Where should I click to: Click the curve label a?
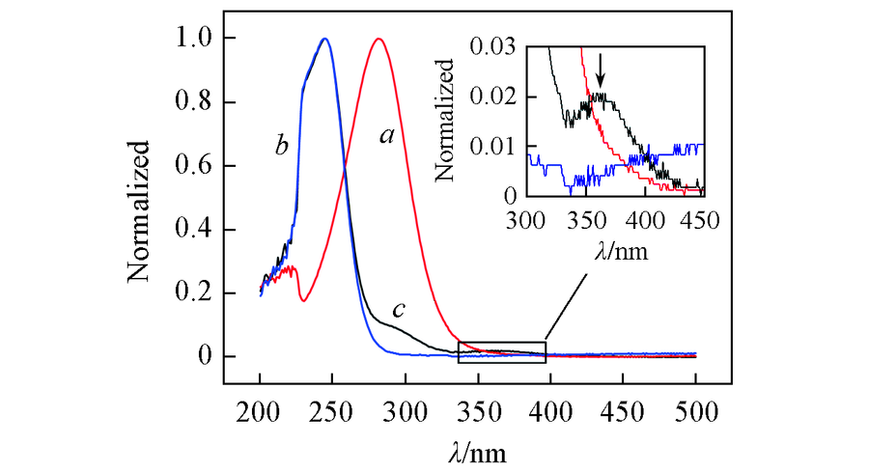tap(387, 137)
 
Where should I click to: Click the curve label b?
tap(282, 147)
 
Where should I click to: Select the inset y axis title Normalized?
tap(445, 120)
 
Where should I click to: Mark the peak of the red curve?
tap(378, 40)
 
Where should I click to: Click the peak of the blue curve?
tap(325, 40)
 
